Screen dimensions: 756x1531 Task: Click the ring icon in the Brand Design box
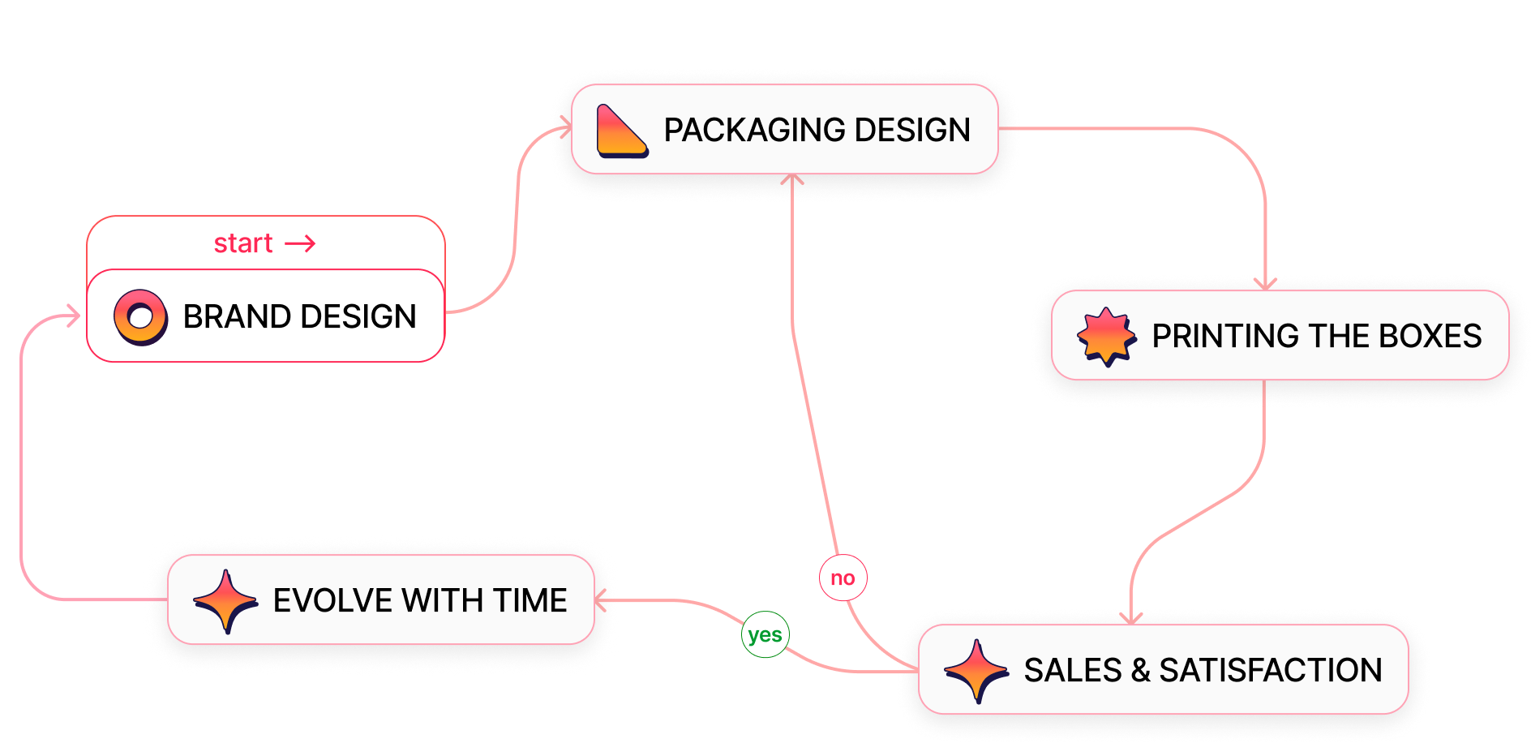pyautogui.click(x=140, y=316)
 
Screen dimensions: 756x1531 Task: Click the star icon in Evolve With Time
pyautogui.click(x=225, y=601)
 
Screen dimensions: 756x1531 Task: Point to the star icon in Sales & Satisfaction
pyautogui.click(x=976, y=671)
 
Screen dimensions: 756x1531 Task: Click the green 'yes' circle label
pyautogui.click(x=765, y=634)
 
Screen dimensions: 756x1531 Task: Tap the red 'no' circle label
pyautogui.click(x=843, y=578)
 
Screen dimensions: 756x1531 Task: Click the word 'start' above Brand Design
pyautogui.click(x=242, y=243)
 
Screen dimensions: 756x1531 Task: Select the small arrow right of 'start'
pyautogui.click(x=300, y=243)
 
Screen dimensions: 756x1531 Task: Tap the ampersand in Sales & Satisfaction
pyautogui.click(x=1140, y=671)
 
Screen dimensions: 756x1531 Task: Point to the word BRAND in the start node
pyautogui.click(x=236, y=316)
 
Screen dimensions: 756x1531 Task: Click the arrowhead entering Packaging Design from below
pyautogui.click(x=791, y=178)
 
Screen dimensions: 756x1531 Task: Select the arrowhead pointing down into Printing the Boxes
pyautogui.click(x=1265, y=283)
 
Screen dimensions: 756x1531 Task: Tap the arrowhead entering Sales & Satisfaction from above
pyautogui.click(x=1131, y=618)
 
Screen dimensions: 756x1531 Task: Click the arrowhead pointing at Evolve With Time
pyautogui.click(x=601, y=601)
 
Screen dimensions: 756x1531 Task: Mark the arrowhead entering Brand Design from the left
pyautogui.click(x=75, y=316)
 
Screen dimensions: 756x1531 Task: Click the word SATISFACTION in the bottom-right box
pyautogui.click(x=1270, y=671)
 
